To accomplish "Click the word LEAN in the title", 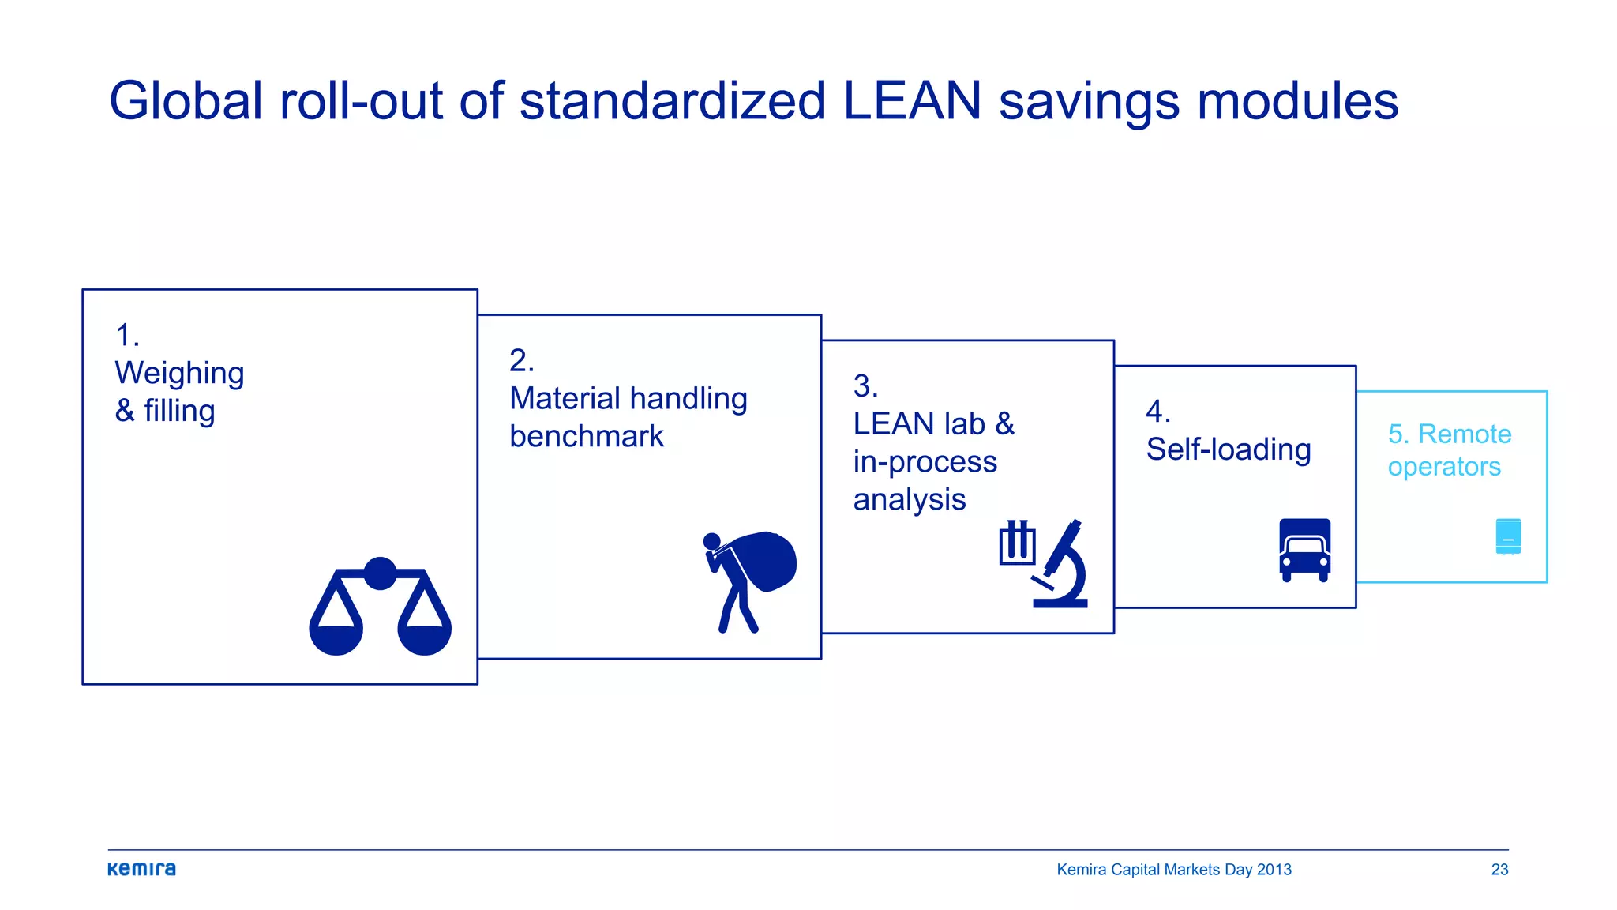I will click(912, 101).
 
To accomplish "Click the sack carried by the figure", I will click(763, 560).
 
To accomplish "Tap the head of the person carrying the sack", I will click(711, 541).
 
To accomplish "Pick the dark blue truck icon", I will click(1304, 550).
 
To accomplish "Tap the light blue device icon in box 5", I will click(1508, 536).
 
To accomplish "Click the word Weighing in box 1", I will click(179, 373).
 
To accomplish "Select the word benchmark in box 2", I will click(587, 436).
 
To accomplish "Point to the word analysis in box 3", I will click(910, 499).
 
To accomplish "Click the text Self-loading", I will click(1229, 449).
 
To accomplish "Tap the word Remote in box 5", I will click(1465, 434).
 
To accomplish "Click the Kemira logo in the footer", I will click(141, 869).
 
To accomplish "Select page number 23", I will click(1499, 869).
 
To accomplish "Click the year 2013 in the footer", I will click(1274, 869).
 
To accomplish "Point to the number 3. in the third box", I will click(865, 386).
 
